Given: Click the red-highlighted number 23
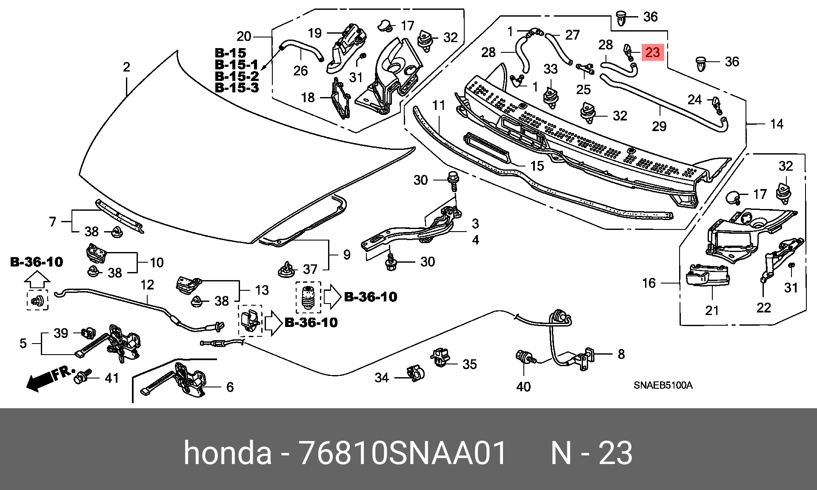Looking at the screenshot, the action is tap(652, 52).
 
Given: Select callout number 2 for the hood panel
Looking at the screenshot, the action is tap(126, 67).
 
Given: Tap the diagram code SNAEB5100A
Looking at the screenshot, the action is tap(663, 385).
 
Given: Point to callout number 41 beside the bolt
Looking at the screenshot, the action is tap(111, 378).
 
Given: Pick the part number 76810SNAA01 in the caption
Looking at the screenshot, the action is tap(402, 453).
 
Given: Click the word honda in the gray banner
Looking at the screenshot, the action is tap(227, 453).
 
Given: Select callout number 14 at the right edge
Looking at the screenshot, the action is tap(777, 124).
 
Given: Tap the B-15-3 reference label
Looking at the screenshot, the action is tap(237, 88).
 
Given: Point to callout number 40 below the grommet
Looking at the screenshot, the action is tap(523, 387).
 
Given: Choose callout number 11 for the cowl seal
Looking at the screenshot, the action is tap(439, 105).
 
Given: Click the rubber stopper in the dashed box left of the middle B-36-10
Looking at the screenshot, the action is tap(308, 297).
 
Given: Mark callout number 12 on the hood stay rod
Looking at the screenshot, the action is tap(147, 285).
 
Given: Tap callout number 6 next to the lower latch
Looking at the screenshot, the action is tap(230, 387).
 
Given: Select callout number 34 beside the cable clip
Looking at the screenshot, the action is tap(382, 378).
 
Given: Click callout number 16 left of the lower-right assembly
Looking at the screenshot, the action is tap(649, 283).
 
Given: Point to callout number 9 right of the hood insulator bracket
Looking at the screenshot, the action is tap(347, 255).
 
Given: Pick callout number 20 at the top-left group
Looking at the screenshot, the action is tap(244, 36).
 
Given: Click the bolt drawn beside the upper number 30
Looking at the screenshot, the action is tap(453, 181).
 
